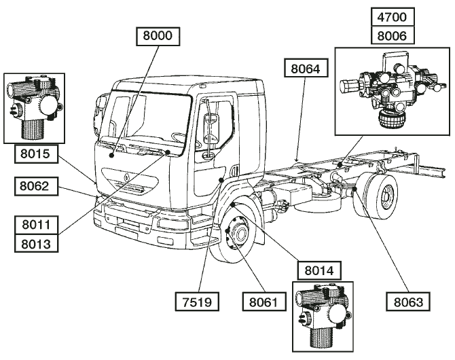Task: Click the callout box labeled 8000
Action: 158,36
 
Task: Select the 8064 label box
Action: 306,68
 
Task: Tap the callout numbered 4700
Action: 393,18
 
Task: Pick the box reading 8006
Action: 393,35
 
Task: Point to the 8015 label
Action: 36,154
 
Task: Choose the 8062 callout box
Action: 36,186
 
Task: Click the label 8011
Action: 36,225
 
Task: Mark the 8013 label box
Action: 36,243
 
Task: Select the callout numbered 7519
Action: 197,302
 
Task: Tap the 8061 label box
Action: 264,302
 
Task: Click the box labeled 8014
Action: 319,270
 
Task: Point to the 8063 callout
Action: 408,302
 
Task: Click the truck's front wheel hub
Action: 240,234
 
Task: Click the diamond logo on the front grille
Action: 127,177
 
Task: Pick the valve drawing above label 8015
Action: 34,108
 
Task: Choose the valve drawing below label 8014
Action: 323,317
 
